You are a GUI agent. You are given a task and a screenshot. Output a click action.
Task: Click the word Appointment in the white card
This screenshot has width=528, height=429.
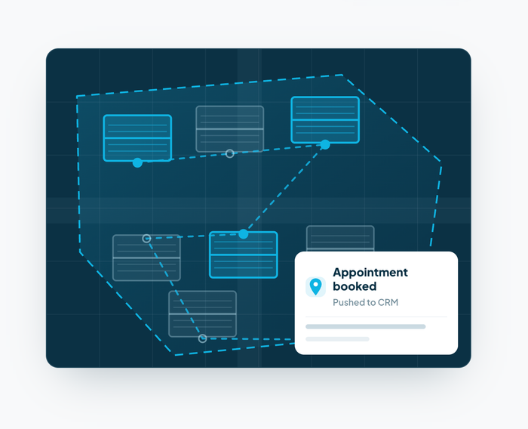(370, 273)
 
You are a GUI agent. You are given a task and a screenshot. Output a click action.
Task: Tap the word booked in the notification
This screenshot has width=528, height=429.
(355, 286)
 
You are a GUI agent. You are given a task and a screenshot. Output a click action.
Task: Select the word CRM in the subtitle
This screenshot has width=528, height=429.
(388, 302)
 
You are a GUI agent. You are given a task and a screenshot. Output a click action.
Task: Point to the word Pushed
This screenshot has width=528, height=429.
(348, 302)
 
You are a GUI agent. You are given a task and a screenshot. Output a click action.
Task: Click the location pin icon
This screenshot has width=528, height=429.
(315, 287)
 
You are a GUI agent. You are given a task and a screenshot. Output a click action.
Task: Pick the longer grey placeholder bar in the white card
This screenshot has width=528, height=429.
(365, 326)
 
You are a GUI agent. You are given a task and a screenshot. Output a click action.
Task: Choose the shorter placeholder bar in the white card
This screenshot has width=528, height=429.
(337, 339)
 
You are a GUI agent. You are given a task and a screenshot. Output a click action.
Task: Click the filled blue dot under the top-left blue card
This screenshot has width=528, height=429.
(137, 162)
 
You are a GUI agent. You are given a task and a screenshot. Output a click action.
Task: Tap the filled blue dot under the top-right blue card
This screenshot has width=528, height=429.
(325, 145)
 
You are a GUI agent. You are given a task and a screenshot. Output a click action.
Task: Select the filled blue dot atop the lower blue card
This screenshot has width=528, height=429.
(244, 234)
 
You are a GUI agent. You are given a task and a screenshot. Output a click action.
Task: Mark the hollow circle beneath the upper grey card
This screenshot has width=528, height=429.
(229, 154)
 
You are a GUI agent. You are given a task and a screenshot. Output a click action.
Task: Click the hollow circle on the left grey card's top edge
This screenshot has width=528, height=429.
(146, 239)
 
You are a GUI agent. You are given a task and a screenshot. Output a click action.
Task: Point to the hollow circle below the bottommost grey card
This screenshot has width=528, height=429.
(202, 338)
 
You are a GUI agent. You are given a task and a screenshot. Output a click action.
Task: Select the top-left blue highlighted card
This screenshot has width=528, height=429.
(137, 138)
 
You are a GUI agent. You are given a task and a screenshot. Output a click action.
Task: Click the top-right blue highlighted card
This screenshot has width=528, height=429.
(325, 120)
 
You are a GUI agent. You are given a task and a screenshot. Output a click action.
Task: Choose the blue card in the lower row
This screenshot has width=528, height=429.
(244, 255)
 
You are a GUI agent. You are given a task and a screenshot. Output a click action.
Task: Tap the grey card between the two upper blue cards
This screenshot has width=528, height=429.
(229, 129)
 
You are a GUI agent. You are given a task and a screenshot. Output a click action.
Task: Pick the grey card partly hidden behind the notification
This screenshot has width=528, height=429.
(340, 239)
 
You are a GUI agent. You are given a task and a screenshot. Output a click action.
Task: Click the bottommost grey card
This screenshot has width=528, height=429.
(202, 313)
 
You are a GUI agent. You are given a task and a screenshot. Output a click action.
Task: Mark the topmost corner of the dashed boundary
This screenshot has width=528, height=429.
(342, 75)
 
